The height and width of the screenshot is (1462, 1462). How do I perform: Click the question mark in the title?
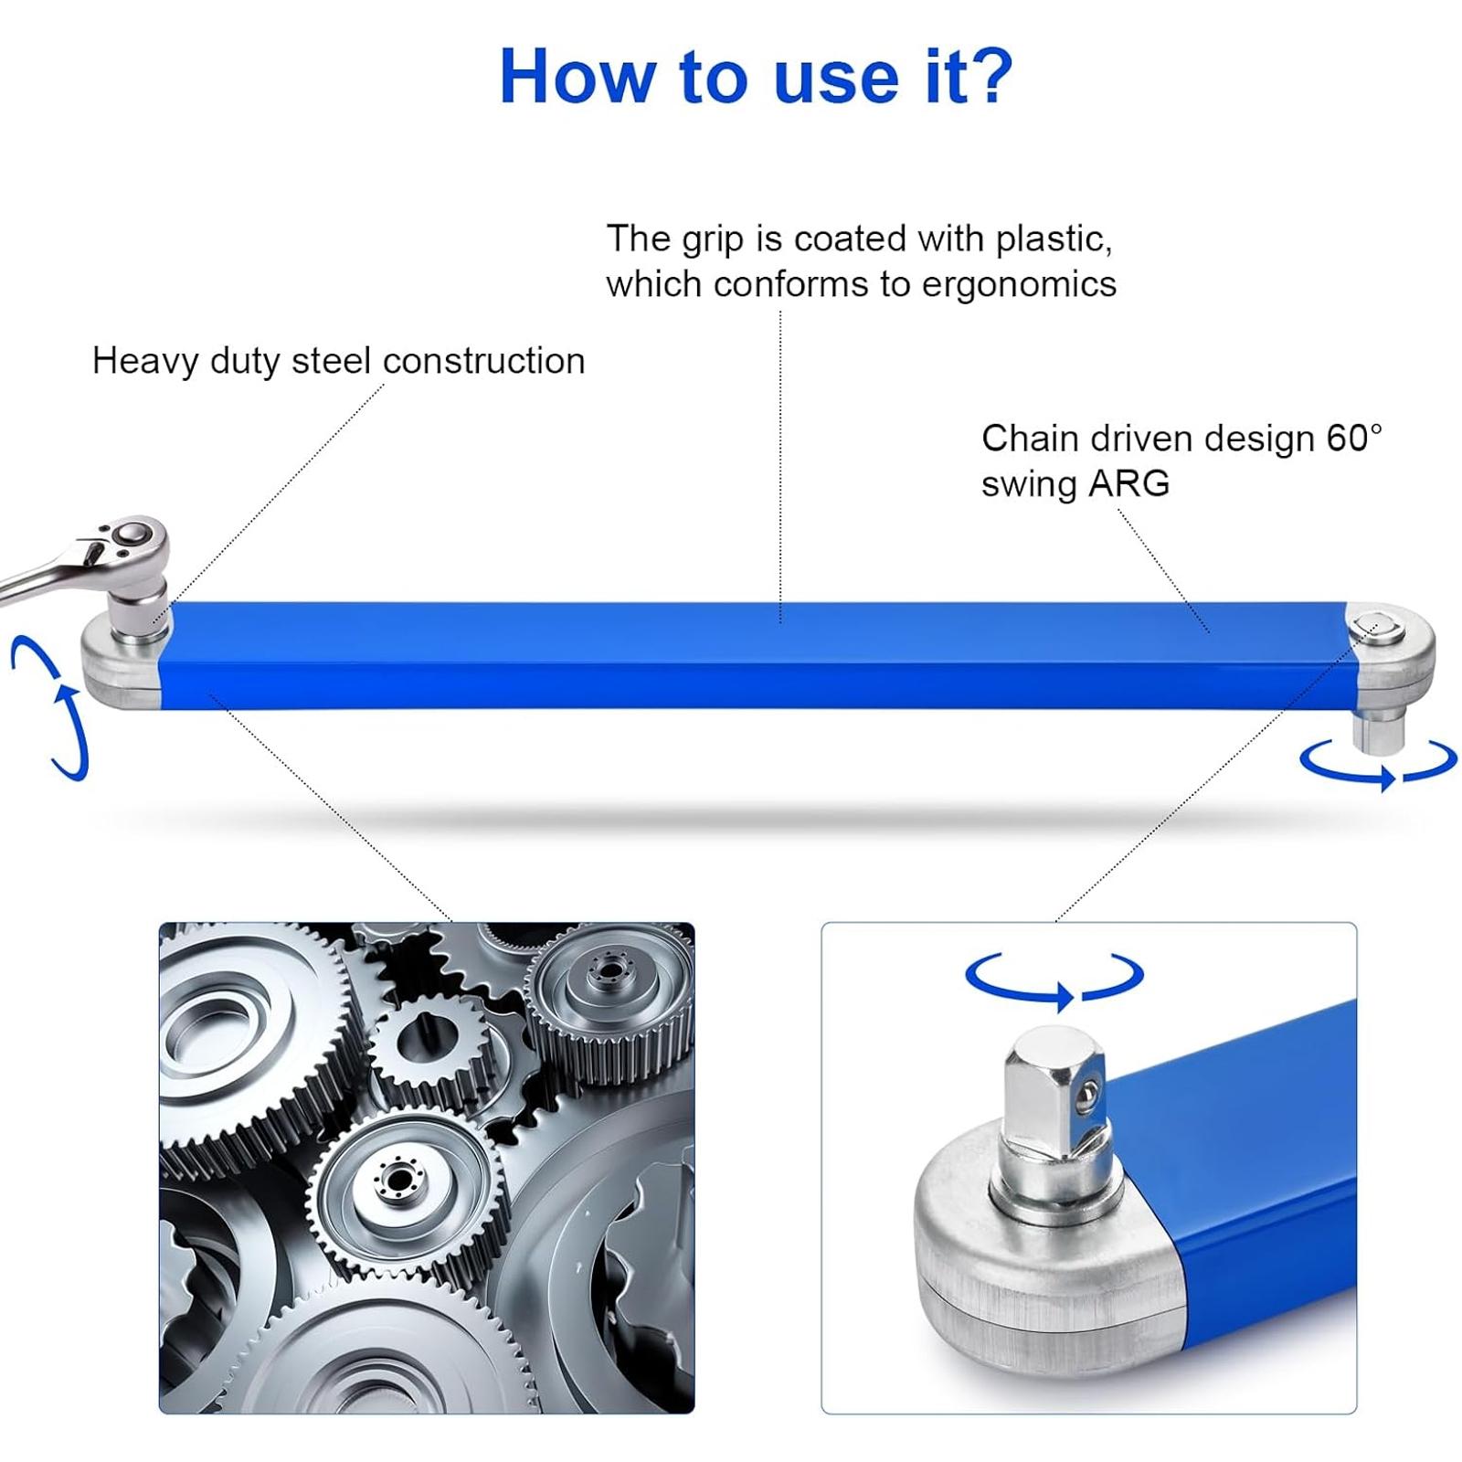[990, 75]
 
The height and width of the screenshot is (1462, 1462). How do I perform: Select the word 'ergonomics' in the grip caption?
[1019, 284]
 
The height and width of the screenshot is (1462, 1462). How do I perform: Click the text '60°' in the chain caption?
[1354, 439]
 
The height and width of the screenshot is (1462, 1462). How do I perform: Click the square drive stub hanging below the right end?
[1377, 730]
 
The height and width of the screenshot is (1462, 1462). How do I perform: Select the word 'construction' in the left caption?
[484, 361]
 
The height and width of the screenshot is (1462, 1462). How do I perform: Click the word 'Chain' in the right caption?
[1031, 439]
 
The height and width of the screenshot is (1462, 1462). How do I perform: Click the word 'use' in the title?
[835, 77]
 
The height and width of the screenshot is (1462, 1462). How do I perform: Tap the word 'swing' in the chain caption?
[1028, 484]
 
